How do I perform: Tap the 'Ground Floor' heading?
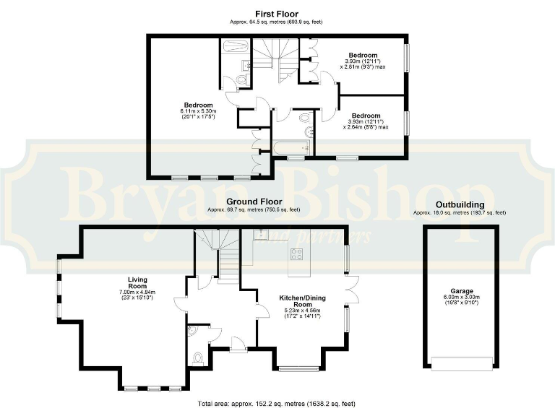click(x=253, y=201)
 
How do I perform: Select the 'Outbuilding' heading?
click(x=459, y=205)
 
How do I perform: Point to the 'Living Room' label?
click(x=137, y=281)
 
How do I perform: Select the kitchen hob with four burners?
click(x=296, y=253)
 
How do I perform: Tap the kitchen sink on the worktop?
click(x=261, y=233)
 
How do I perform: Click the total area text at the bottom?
click(x=277, y=404)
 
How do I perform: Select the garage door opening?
click(x=460, y=363)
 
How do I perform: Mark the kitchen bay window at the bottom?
click(x=296, y=368)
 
